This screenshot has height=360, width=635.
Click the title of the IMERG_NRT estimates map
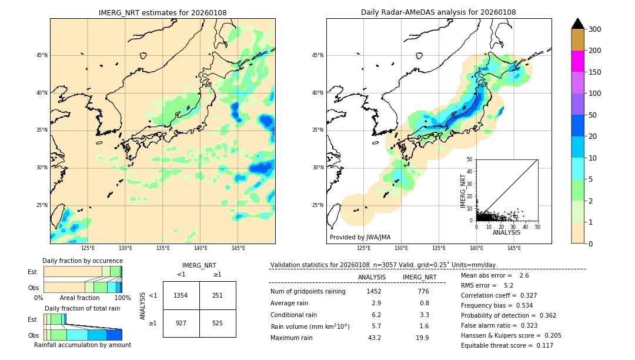[x=162, y=12]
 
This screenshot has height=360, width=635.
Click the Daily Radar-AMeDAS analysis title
[x=439, y=12]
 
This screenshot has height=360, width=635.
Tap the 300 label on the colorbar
[x=595, y=29]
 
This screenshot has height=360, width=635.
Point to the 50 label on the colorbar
[x=593, y=115]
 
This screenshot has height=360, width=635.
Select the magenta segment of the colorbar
[x=578, y=61]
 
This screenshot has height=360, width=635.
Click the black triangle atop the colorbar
[x=578, y=24]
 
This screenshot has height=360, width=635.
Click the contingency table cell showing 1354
[x=181, y=295]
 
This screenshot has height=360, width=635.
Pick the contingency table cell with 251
[x=218, y=295]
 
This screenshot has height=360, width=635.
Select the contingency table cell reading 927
[x=181, y=323]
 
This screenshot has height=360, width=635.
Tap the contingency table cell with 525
[x=218, y=323]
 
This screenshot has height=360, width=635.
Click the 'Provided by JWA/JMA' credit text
[x=360, y=238]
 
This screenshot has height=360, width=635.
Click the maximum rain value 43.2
[x=374, y=338]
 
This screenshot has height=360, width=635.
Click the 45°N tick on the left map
[x=42, y=55]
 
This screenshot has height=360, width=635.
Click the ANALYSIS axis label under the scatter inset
[x=506, y=232]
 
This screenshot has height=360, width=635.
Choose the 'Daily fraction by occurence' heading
[x=82, y=261]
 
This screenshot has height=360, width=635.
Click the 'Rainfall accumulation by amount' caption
[x=82, y=345]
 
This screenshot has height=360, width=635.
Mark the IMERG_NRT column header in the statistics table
[x=419, y=277]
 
